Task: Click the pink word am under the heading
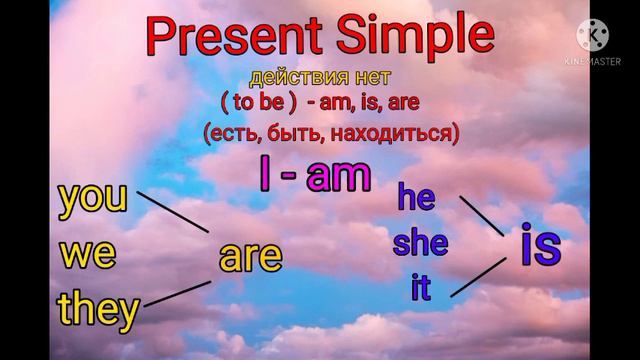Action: click(338, 177)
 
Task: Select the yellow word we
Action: click(88, 253)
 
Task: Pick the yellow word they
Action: click(98, 310)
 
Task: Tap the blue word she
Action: click(421, 243)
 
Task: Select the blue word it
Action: click(421, 288)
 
